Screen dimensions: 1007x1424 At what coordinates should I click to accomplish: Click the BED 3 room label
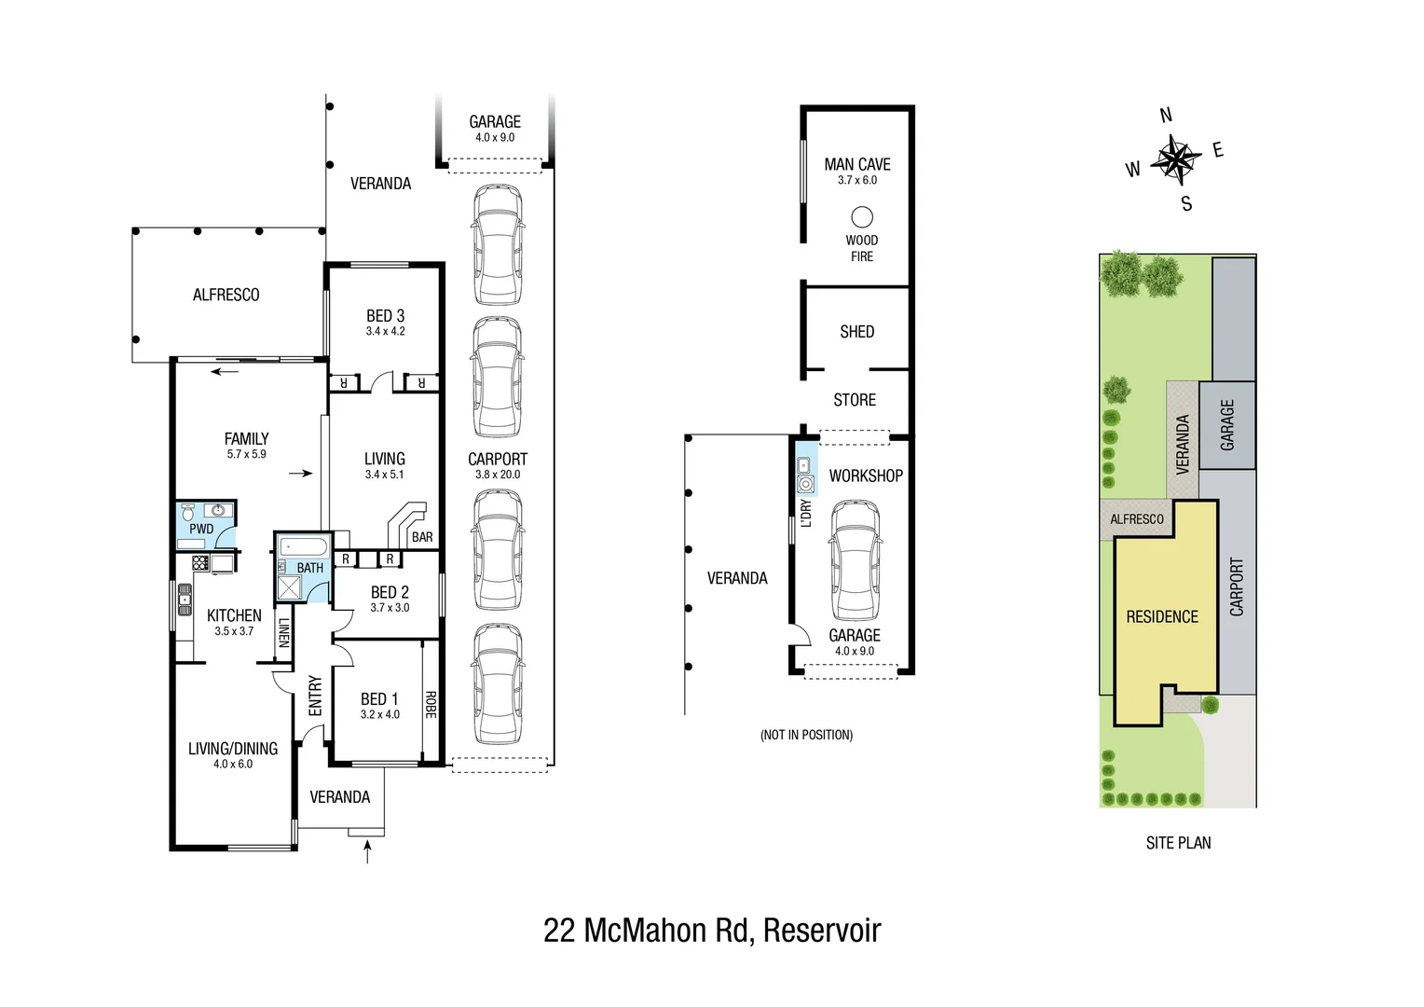(385, 316)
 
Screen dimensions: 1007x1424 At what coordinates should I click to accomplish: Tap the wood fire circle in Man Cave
(862, 217)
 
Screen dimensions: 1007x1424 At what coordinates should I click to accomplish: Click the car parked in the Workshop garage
(855, 560)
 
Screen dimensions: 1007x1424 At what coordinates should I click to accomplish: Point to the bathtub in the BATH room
(303, 546)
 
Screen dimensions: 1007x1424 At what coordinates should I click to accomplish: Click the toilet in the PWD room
(188, 512)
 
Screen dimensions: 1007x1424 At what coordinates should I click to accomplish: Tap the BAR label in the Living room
(422, 537)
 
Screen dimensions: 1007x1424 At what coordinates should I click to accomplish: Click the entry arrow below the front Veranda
(367, 850)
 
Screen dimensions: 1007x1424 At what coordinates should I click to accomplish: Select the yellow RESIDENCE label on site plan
(1162, 616)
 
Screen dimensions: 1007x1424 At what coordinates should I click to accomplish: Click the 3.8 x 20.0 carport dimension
(498, 475)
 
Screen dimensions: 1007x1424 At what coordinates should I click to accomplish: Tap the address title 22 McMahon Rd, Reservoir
(712, 931)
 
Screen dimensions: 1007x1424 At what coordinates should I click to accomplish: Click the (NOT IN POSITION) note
(806, 735)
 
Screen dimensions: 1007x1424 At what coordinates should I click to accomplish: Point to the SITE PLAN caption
(1178, 843)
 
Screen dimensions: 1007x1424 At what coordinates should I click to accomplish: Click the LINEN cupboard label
(284, 632)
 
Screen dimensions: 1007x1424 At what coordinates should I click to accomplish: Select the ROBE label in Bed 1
(431, 704)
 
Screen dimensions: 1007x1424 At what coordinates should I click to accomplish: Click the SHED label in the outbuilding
(856, 332)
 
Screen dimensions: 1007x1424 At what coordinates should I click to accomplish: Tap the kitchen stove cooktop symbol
(200, 562)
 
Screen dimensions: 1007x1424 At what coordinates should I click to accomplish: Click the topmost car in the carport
(497, 244)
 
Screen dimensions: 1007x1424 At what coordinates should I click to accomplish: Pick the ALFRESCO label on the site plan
(1136, 519)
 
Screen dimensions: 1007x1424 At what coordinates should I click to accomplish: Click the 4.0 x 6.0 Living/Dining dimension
(233, 764)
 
